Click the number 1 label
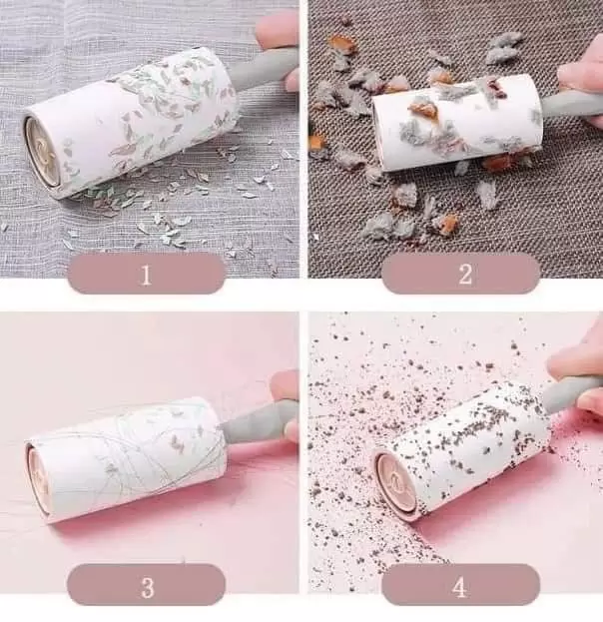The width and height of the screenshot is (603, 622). pyautogui.click(x=147, y=275)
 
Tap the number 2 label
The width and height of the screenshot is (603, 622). pyautogui.click(x=465, y=274)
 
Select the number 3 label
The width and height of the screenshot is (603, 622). pyautogui.click(x=147, y=587)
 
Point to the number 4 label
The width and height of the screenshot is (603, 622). pyautogui.click(x=459, y=587)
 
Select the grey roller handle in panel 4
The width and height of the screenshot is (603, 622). pyautogui.click(x=570, y=393)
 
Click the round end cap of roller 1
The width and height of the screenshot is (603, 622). pyautogui.click(x=42, y=154)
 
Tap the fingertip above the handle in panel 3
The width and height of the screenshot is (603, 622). pyautogui.click(x=285, y=385)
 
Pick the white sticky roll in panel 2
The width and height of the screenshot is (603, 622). pyautogui.click(x=457, y=124)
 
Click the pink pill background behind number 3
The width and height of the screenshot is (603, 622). pyautogui.click(x=147, y=588)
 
